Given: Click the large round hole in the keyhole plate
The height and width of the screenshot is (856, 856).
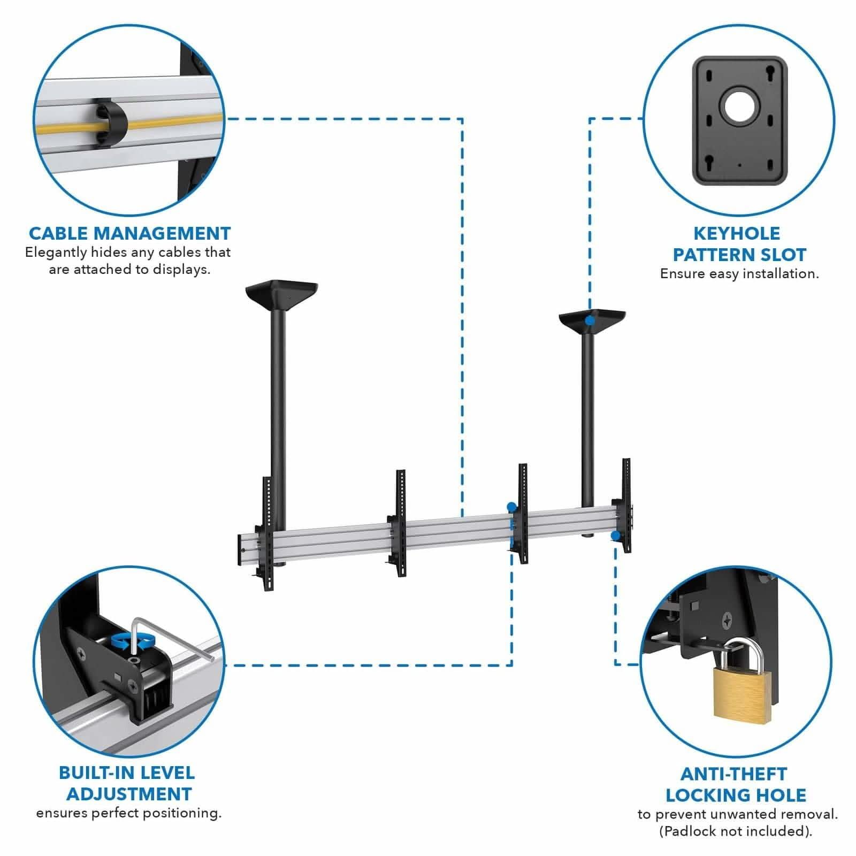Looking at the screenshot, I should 740,107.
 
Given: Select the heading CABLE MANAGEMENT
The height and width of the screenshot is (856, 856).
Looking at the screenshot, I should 129,233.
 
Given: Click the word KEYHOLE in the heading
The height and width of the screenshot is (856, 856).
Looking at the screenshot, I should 737,233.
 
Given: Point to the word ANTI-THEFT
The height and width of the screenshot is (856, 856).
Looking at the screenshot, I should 733,774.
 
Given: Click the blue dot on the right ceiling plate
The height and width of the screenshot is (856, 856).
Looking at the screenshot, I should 589,320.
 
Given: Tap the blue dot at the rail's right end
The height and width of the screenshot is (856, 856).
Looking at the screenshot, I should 616,535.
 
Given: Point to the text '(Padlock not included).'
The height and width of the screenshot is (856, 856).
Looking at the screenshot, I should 736,831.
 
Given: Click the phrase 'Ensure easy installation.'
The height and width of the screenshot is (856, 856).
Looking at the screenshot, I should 739,274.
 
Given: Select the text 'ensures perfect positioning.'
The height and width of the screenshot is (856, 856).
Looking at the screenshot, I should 129,813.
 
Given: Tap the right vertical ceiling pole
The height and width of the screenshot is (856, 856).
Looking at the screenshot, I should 587,417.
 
